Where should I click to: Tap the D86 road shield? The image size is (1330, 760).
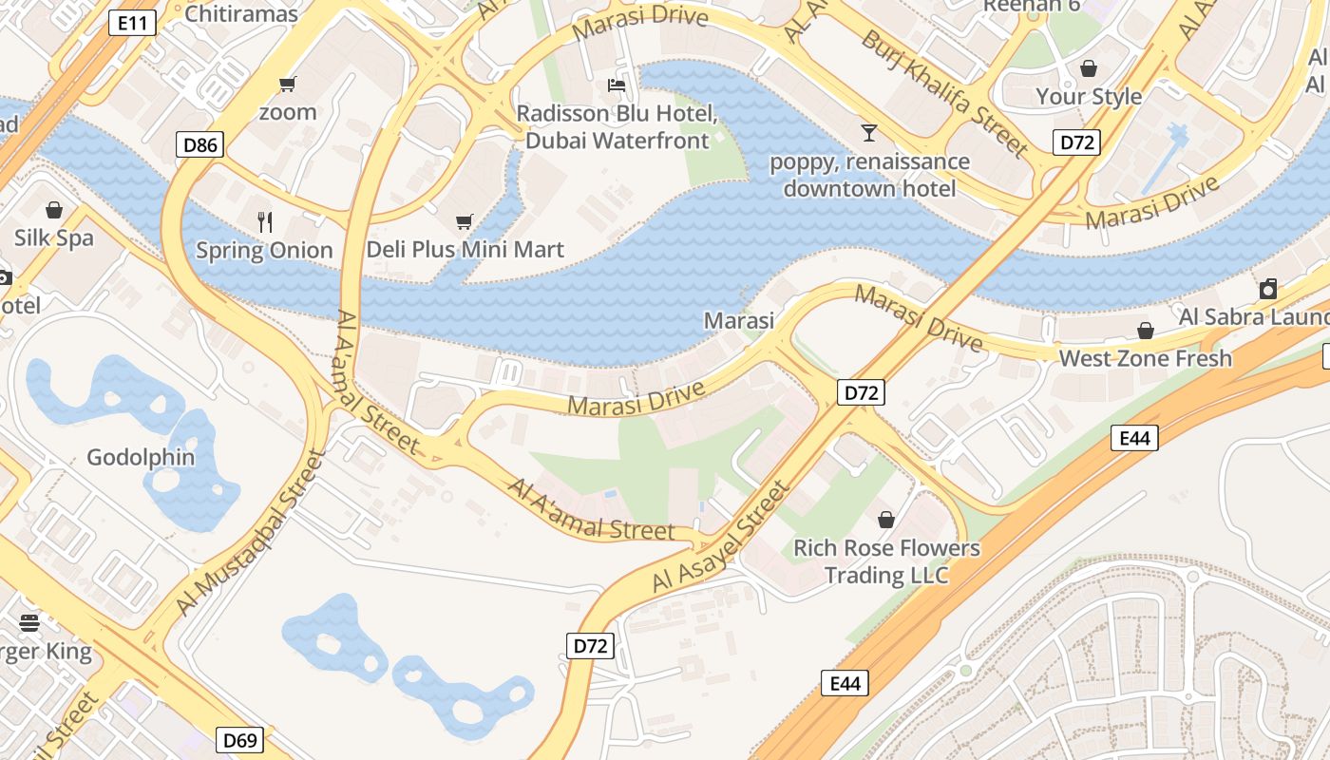pyautogui.click(x=199, y=145)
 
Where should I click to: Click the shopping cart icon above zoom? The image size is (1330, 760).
pyautogui.click(x=288, y=84)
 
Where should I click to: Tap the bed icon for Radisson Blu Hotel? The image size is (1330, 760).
pyautogui.click(x=617, y=85)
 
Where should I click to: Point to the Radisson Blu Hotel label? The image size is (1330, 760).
pyautogui.click(x=617, y=127)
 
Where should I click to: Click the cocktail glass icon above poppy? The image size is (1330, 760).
pyautogui.click(x=869, y=132)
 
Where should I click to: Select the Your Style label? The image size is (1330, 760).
pyautogui.click(x=1089, y=96)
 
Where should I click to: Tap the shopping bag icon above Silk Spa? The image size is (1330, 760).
pyautogui.click(x=54, y=209)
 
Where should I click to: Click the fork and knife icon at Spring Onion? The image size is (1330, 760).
pyautogui.click(x=265, y=222)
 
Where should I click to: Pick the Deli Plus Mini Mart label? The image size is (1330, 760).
pyautogui.click(x=465, y=250)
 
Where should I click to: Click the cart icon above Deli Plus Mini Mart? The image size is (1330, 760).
pyautogui.click(x=465, y=222)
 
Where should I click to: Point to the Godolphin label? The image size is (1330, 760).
pyautogui.click(x=141, y=457)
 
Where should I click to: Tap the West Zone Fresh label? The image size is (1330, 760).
pyautogui.click(x=1145, y=358)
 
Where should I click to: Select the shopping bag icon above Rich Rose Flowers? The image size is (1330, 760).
pyautogui.click(x=886, y=520)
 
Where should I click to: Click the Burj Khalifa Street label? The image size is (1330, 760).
pyautogui.click(x=944, y=92)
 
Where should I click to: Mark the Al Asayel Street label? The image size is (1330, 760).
pyautogui.click(x=721, y=539)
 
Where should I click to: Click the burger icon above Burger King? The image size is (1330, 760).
pyautogui.click(x=29, y=623)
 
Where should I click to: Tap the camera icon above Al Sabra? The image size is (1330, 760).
pyautogui.click(x=1268, y=289)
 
